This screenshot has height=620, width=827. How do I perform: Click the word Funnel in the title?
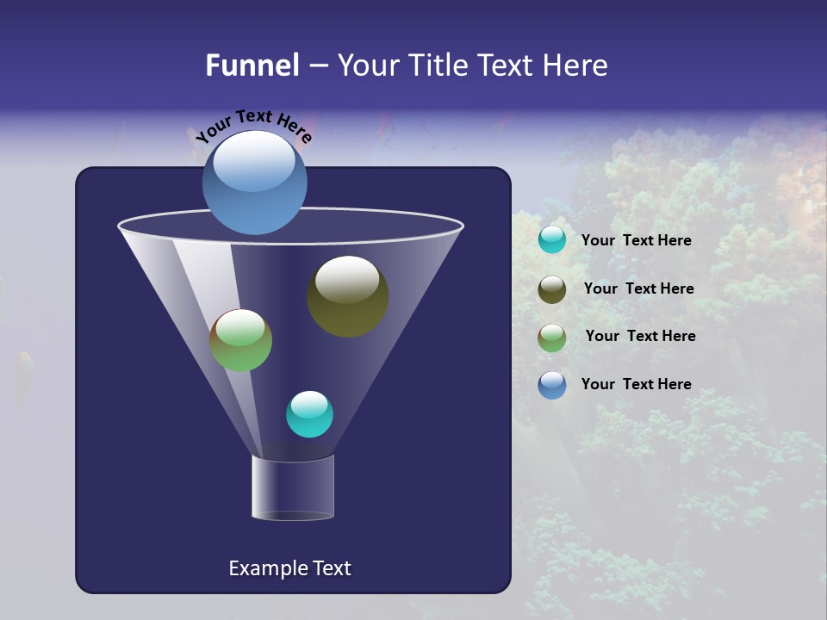click(x=252, y=65)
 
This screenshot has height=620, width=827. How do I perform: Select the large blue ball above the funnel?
click(x=255, y=183)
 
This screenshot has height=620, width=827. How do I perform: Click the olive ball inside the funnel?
click(x=347, y=296)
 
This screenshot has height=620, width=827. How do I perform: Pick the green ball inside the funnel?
click(x=240, y=340)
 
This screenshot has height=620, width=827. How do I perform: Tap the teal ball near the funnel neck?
click(x=309, y=414)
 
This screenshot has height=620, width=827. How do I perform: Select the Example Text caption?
click(x=289, y=568)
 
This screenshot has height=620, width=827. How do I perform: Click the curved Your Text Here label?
click(x=253, y=125)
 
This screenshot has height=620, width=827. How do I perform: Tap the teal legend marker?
click(x=552, y=240)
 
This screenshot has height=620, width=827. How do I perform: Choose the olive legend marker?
click(x=552, y=289)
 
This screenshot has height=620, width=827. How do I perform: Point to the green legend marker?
click(x=552, y=338)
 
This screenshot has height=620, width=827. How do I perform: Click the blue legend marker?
click(x=552, y=385)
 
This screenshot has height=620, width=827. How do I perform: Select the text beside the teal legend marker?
click(x=636, y=240)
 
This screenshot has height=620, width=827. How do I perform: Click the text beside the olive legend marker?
click(x=638, y=288)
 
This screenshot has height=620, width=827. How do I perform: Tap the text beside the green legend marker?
click(x=640, y=336)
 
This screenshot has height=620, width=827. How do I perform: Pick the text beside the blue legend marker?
click(x=636, y=384)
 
